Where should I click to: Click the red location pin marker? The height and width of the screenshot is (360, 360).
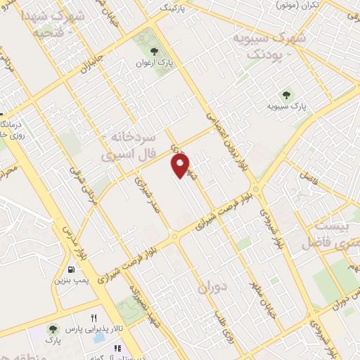[x=181, y=165]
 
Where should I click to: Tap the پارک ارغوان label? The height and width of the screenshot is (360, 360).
[x=155, y=63]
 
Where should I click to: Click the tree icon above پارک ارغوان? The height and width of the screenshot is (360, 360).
[x=155, y=50]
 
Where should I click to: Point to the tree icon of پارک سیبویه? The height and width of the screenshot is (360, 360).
[x=286, y=94]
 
